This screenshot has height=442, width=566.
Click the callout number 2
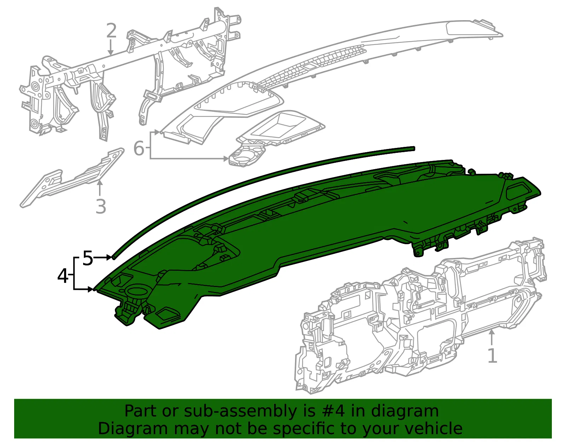111,30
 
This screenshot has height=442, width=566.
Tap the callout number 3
101,207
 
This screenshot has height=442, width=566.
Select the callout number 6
139,148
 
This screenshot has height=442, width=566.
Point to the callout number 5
88,258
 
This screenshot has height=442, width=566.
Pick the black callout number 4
63,276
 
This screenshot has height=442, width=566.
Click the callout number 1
492,356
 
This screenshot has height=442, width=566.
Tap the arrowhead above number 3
100,183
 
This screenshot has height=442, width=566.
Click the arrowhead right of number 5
109,258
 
